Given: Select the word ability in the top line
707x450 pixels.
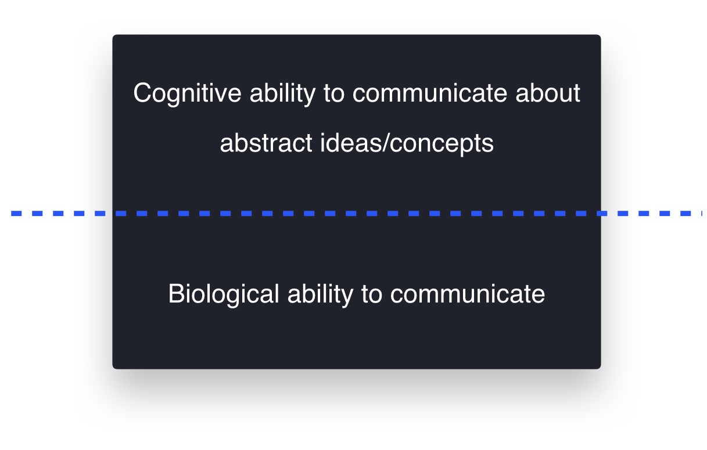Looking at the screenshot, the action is (282, 93).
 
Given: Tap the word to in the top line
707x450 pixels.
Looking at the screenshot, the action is (334, 93).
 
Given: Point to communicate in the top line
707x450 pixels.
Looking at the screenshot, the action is (429, 93).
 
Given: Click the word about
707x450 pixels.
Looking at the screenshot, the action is (548, 93).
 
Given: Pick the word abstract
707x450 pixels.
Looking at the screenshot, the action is (266, 143).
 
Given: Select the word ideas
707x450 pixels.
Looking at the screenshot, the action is (351, 142).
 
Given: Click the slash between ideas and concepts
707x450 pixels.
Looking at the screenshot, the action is (386, 142).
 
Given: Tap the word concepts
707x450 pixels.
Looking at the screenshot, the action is (442, 144).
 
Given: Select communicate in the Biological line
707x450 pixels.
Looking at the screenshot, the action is (468, 294).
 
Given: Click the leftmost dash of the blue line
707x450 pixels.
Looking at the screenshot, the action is (16, 213).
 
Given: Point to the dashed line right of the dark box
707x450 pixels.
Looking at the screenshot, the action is (651, 213).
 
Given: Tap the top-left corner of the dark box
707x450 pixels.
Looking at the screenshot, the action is (113, 35).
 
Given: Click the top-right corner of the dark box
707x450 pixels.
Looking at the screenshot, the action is (601, 35).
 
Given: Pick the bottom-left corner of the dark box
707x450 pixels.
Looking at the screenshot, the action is (113, 369).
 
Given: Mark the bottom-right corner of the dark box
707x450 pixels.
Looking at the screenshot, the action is (601, 369).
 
